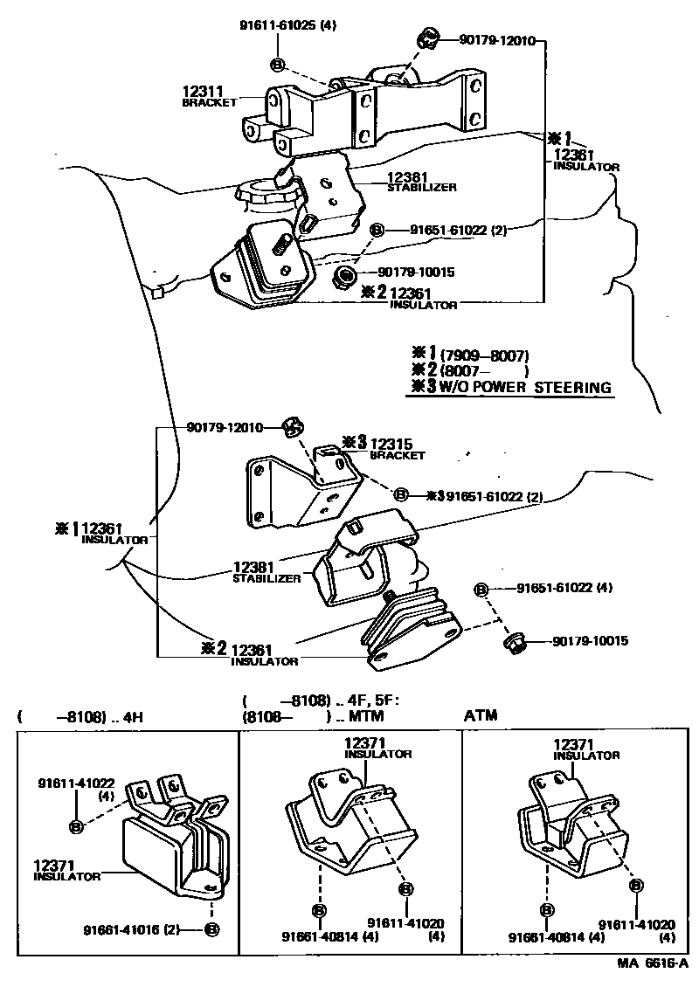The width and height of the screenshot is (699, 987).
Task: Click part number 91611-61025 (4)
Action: click(287, 25)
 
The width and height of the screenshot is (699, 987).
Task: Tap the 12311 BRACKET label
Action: click(210, 95)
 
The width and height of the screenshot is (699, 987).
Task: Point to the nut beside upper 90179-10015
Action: click(343, 278)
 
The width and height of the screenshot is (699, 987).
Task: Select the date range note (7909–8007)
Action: click(486, 355)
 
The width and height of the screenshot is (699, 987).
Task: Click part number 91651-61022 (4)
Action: click(564, 588)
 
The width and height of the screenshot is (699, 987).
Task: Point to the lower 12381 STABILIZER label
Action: click(266, 572)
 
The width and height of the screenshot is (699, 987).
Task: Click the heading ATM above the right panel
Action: click(480, 716)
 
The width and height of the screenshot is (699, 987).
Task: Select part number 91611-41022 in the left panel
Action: click(76, 784)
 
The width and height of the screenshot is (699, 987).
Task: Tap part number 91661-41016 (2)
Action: click(131, 929)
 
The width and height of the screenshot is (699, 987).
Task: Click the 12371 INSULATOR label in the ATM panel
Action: click(586, 749)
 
